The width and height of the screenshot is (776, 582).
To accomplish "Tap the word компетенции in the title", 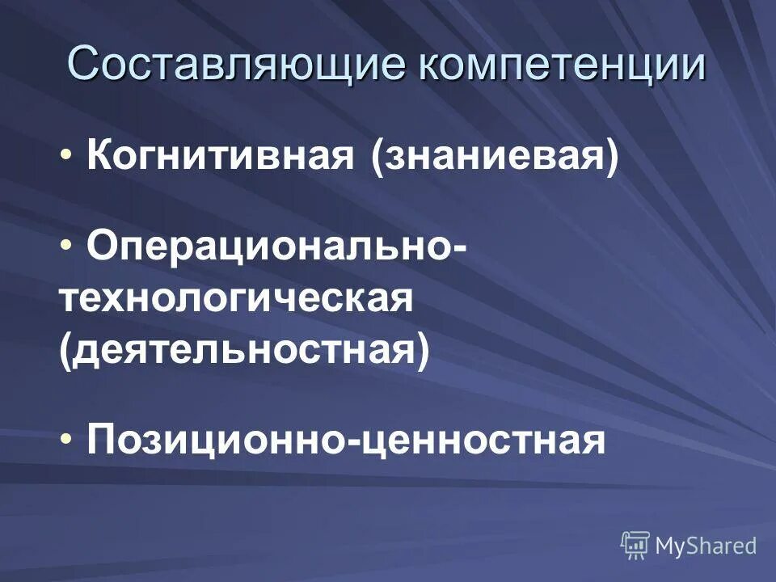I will pos(561,64).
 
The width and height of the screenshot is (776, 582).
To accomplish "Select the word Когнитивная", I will pos(219,155).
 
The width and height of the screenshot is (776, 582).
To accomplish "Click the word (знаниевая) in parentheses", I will pos(494,155).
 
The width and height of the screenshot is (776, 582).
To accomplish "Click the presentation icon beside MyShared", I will pos(635,545).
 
